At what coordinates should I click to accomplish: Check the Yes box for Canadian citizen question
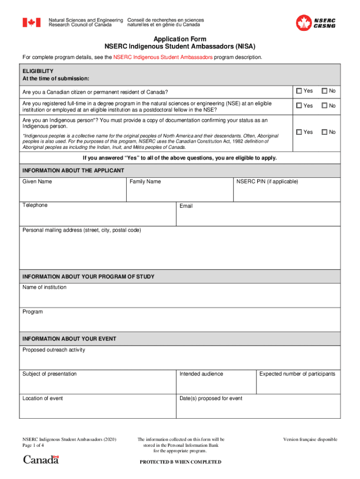pyautogui.click(x=299, y=91)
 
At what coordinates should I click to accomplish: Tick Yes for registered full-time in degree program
pyautogui.click(x=299, y=106)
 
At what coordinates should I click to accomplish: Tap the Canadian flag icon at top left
pyautogui.click(x=32, y=22)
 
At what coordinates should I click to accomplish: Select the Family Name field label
pyautogui.click(x=145, y=181)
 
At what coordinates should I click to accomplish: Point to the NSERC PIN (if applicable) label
pyautogui.click(x=267, y=181)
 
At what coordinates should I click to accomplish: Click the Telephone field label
pyautogui.click(x=35, y=205)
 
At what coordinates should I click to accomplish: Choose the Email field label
pyautogui.click(x=186, y=206)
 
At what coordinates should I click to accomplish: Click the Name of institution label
pyautogui.click(x=44, y=287)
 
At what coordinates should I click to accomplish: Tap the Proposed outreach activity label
pyautogui.click(x=54, y=350)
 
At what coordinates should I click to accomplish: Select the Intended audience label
pyautogui.click(x=202, y=374)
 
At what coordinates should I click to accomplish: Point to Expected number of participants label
pyautogui.click(x=297, y=374)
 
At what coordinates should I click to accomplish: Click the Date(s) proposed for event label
pyautogui.click(x=211, y=399)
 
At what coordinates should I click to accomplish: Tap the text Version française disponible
pyautogui.click(x=310, y=440)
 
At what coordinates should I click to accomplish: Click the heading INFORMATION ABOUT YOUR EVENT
pyautogui.click(x=69, y=339)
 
